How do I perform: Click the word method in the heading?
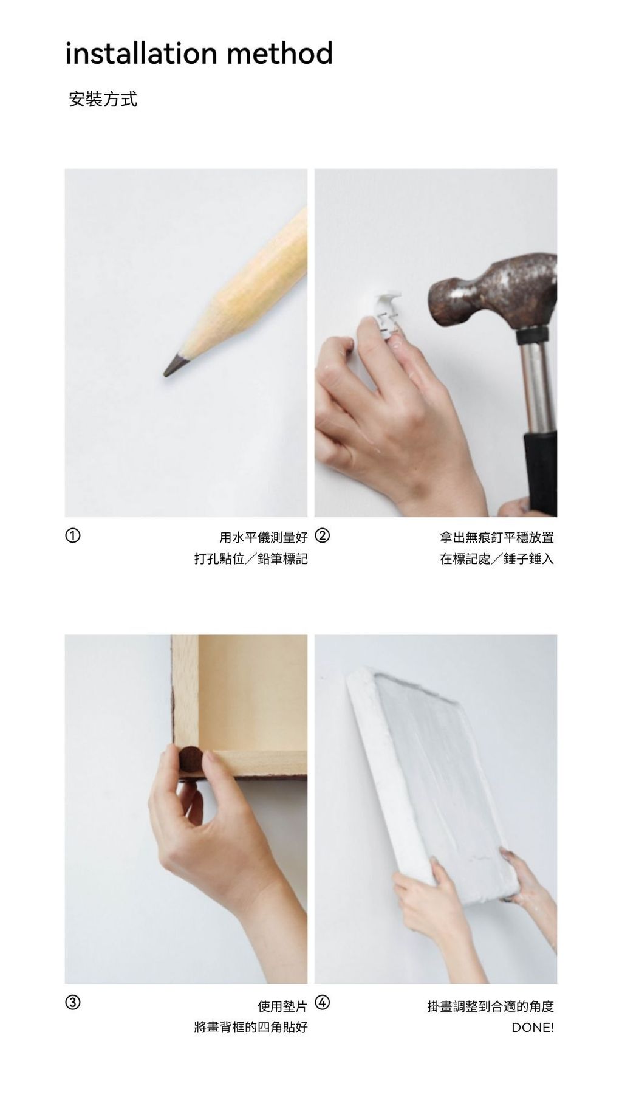pos(280,53)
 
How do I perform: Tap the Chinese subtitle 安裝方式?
pos(103,99)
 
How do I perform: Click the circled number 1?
pos(72,535)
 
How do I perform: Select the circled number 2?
pos(323,535)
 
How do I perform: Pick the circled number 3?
pos(72,1002)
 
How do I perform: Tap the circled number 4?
pos(323,1002)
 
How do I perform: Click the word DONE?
pos(533,1028)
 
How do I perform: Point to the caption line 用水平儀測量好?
pos(264,537)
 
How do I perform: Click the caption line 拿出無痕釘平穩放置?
pos(497,537)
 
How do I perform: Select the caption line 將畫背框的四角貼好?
pos(251,1028)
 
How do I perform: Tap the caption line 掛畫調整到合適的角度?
pos(491,1006)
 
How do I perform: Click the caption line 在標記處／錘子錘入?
pos(497,558)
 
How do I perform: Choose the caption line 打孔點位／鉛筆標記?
pos(251,558)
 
